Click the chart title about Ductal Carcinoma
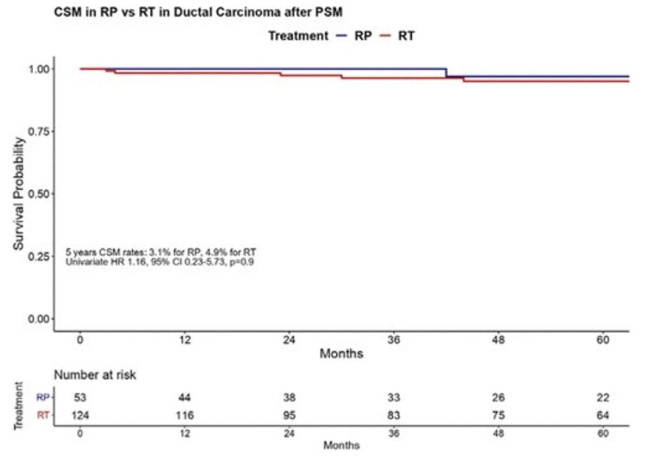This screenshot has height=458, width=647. coord(199,12)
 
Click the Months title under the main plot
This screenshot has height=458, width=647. coord(341,354)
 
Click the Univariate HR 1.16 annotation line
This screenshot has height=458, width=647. coord(160,262)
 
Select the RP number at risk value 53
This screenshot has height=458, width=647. coord(81,397)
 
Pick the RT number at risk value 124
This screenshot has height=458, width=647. coord(81,415)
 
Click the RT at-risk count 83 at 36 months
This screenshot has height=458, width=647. coord(394,415)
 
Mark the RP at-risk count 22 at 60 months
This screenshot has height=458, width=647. coord(603,397)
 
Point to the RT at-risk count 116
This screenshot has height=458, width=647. coord(184,415)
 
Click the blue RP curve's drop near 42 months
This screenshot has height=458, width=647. coord(446,73)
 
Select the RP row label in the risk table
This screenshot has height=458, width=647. coord(43,397)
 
